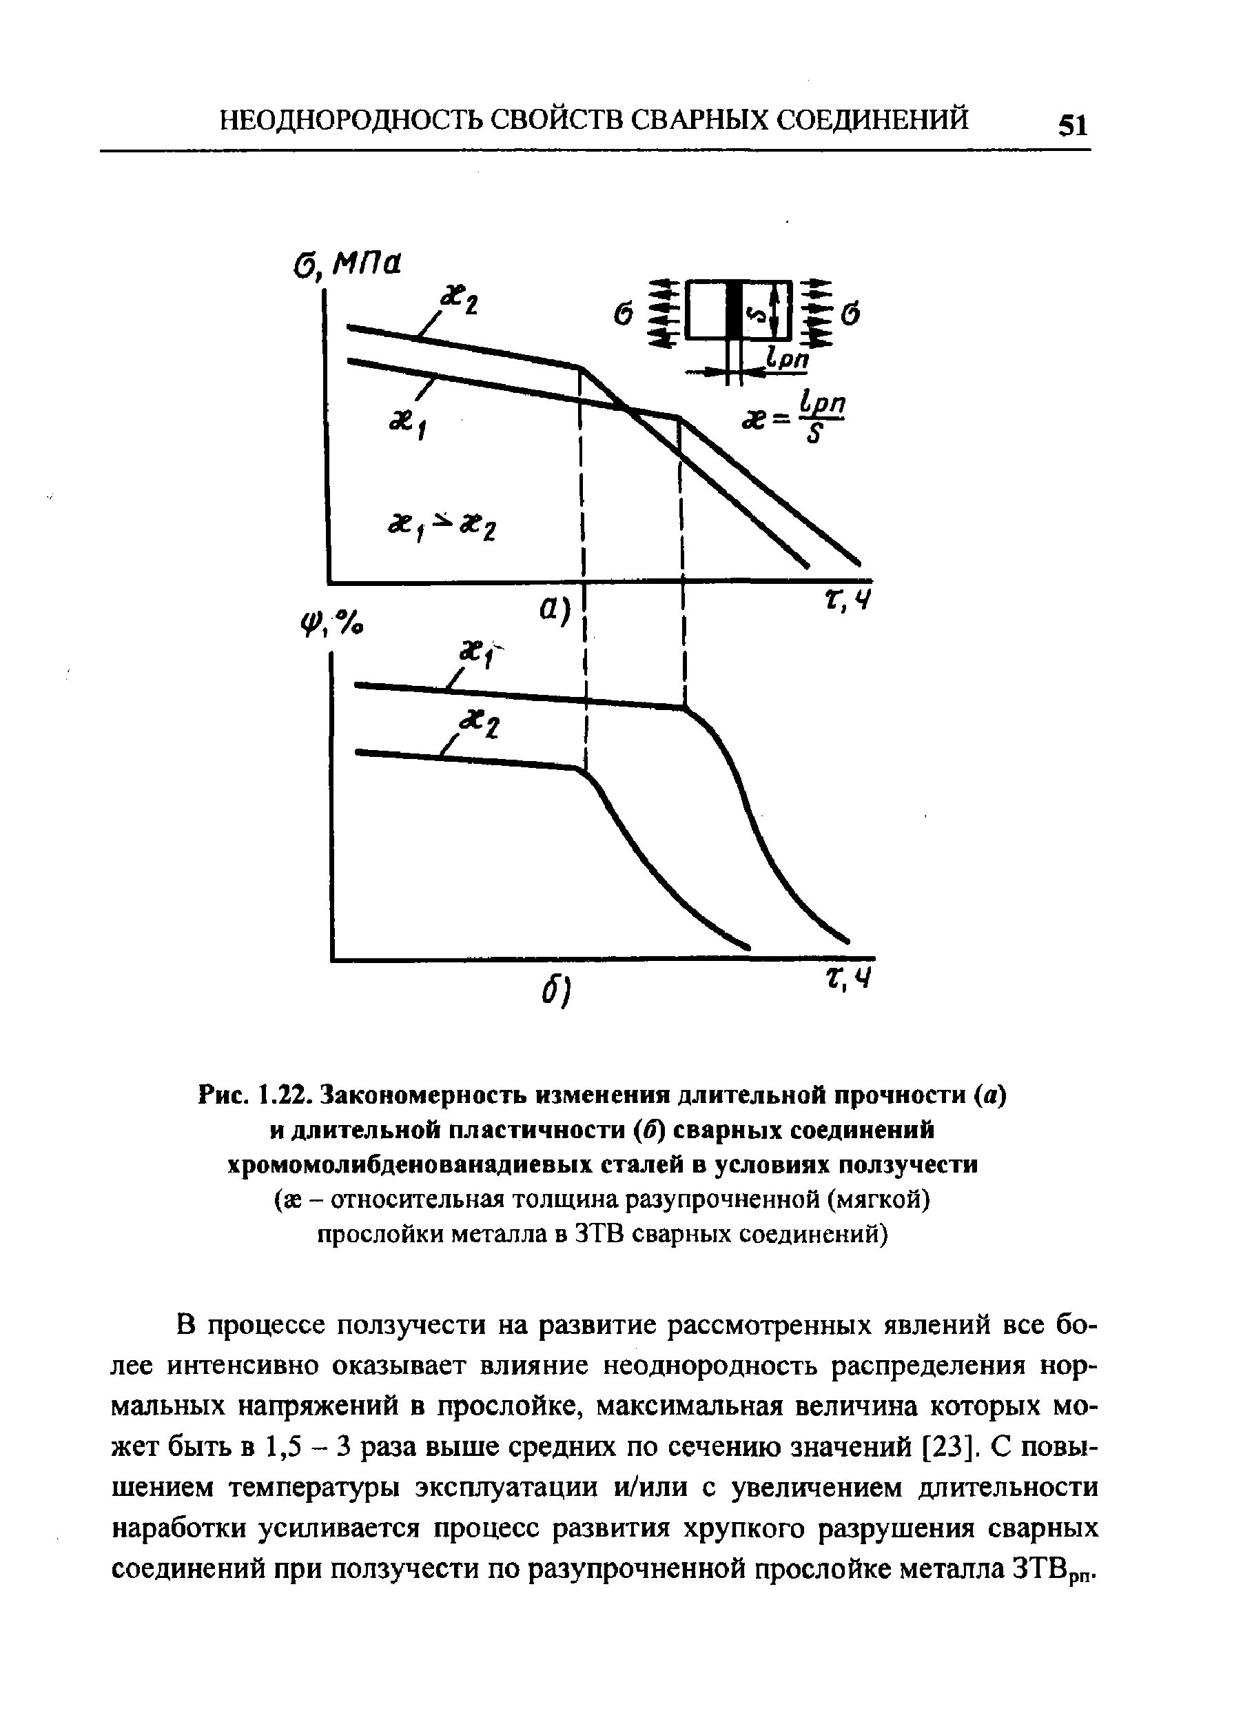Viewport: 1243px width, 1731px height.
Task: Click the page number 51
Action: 1072,123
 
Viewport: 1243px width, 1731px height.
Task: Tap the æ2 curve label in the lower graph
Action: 478,722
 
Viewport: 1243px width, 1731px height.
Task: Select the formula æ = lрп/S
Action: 794,419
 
